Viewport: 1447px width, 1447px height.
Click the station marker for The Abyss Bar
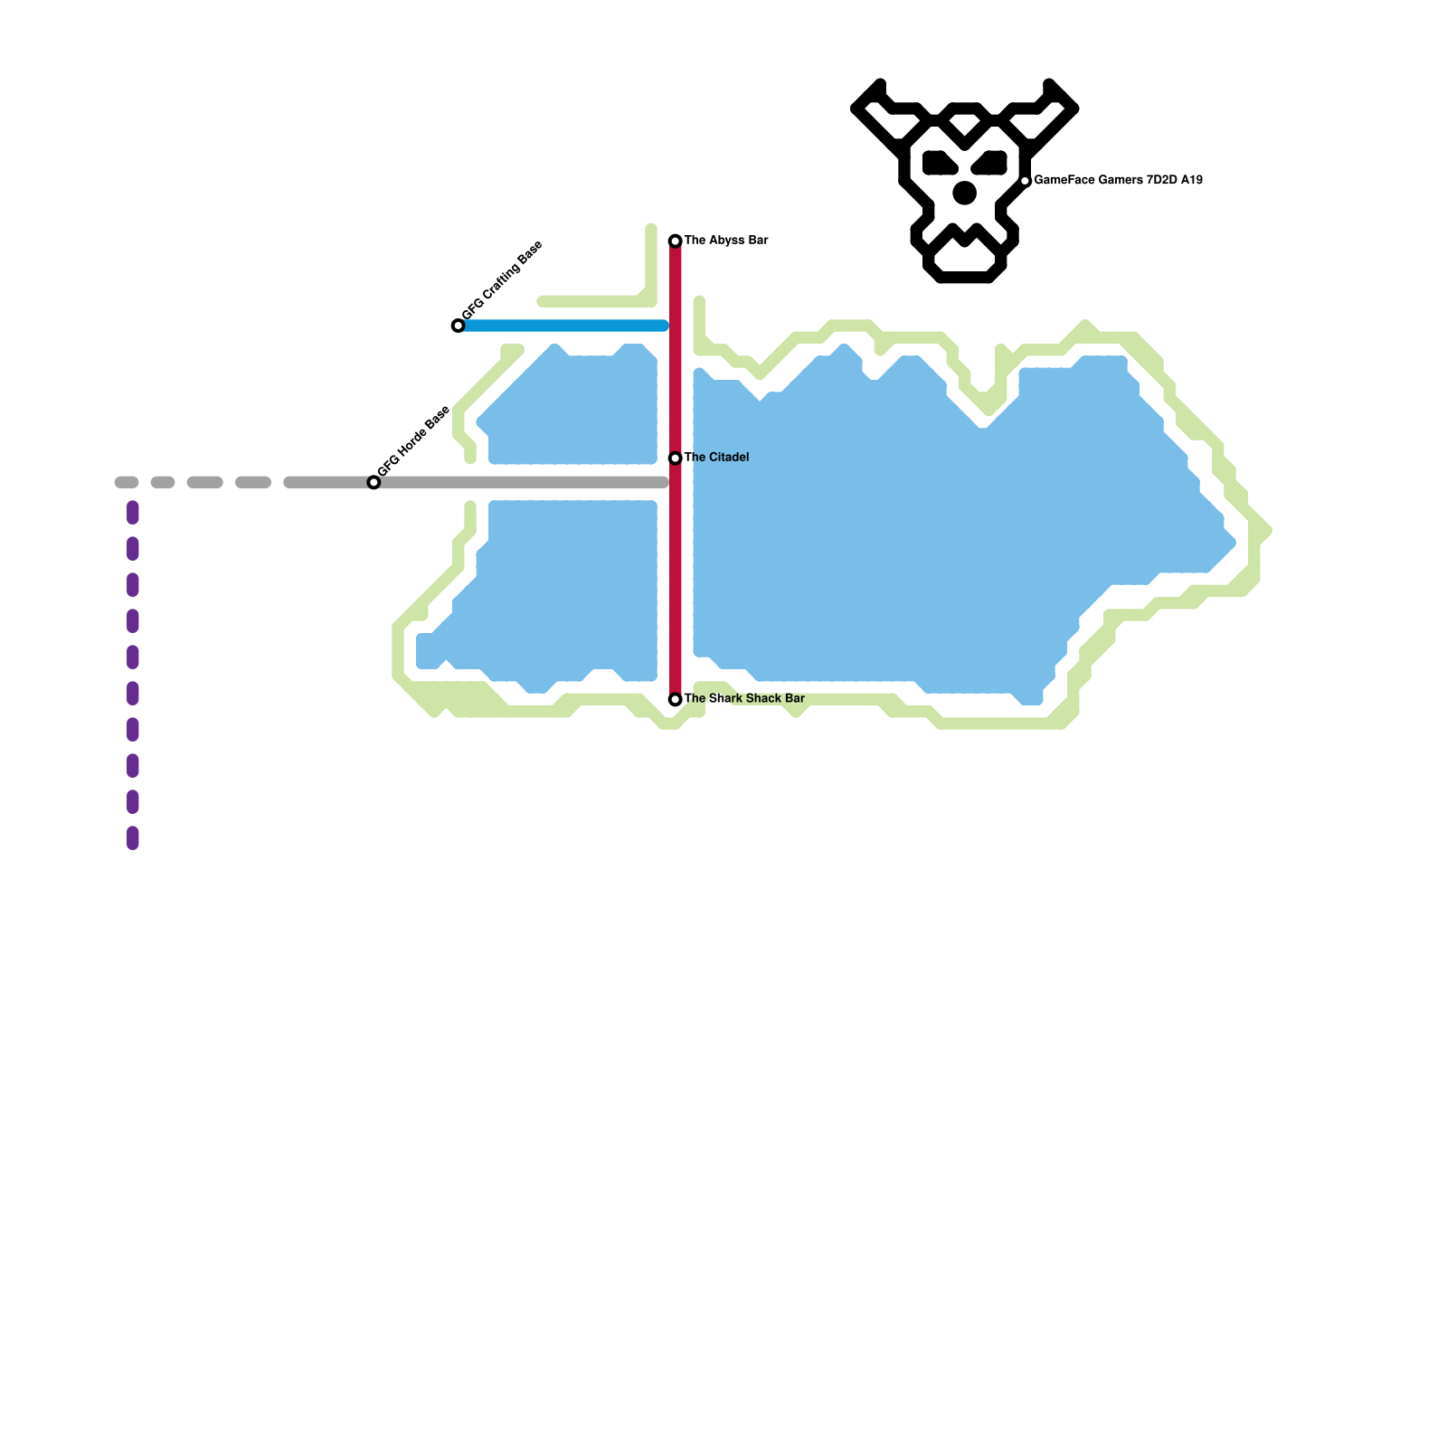675,241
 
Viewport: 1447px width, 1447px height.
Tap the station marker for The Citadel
675,459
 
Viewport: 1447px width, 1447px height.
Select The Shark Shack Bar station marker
675,699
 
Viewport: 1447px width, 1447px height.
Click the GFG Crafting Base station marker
458,326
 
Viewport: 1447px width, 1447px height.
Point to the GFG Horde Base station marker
374,483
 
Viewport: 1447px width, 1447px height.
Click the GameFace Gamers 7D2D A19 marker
1025,181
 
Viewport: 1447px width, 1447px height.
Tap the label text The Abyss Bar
726,241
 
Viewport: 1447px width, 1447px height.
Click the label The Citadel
716,458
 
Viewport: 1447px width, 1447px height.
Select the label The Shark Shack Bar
744,698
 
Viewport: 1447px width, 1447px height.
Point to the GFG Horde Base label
413,441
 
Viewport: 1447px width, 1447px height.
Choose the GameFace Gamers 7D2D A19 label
1118,181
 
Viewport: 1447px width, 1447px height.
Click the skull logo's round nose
965,193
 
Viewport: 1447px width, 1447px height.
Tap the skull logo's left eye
940,164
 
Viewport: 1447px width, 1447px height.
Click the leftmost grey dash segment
127,483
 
